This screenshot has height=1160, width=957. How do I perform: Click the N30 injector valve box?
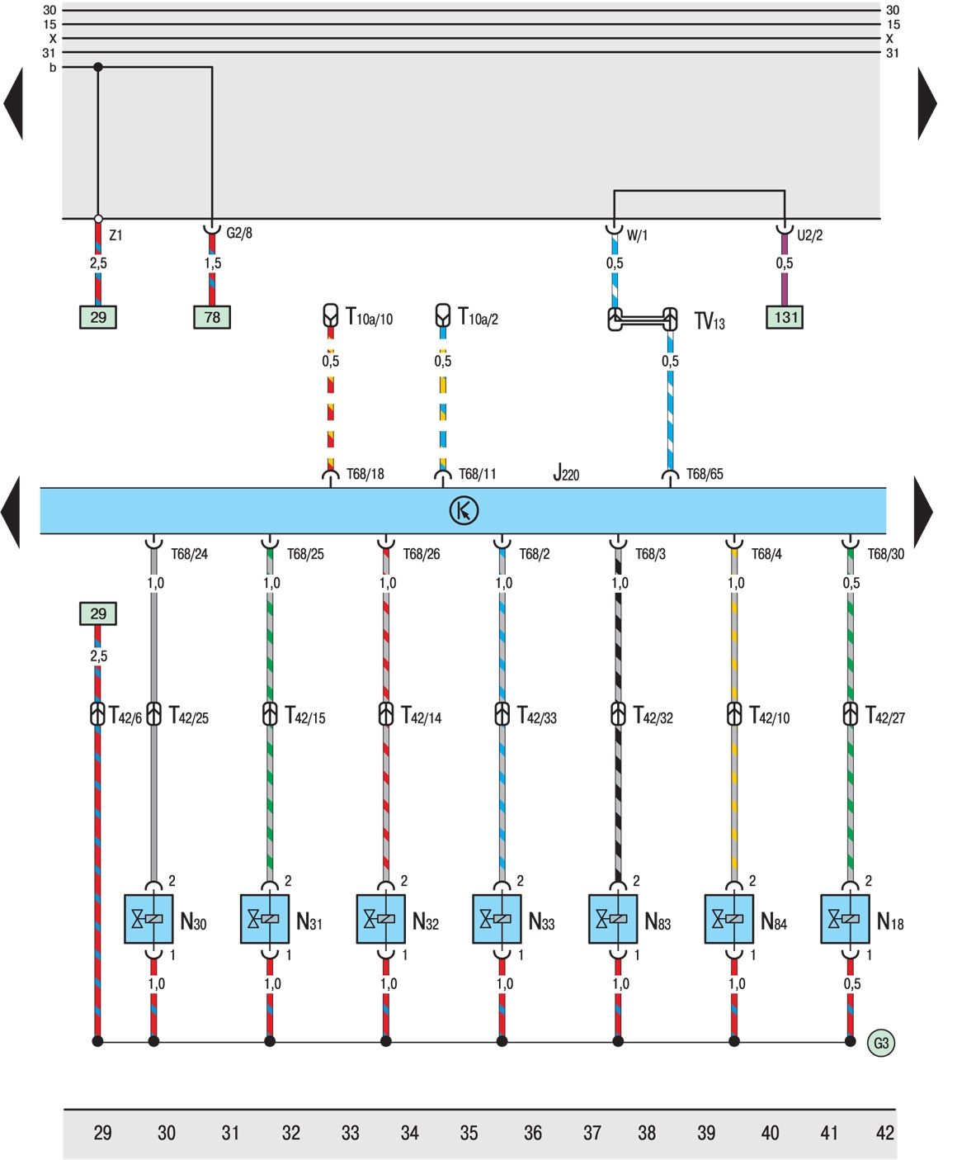tap(148, 918)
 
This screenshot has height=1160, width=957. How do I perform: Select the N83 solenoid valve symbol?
tap(613, 918)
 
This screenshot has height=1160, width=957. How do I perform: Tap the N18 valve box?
tap(845, 918)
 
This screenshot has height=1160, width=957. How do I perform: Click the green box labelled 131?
tap(785, 317)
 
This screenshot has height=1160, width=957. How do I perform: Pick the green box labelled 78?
tap(212, 317)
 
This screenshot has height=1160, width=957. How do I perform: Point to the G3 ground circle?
tap(881, 1043)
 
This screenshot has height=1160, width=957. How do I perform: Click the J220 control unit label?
tap(566, 473)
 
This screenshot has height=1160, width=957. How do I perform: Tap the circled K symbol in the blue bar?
tap(464, 510)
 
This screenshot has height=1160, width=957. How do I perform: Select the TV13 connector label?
tap(709, 321)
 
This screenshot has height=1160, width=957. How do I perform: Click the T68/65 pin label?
tap(705, 474)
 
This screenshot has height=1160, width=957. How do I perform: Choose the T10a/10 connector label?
tap(369, 317)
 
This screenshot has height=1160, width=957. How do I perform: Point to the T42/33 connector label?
tap(537, 715)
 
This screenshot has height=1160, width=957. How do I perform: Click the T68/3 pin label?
tap(650, 554)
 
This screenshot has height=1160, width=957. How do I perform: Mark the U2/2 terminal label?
tap(810, 235)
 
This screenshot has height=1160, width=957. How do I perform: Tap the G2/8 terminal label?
tap(239, 233)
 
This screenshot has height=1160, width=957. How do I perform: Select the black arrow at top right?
tap(927, 103)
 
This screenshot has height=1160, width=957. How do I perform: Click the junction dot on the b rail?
tap(98, 67)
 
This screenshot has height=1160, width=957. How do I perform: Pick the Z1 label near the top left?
tap(115, 235)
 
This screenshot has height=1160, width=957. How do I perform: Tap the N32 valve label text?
tap(425, 921)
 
